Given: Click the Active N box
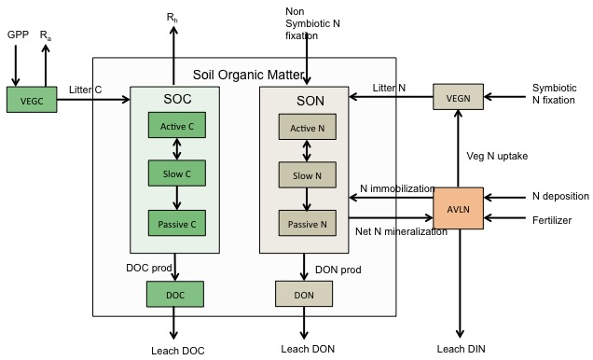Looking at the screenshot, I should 304,127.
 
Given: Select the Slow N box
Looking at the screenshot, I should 304,174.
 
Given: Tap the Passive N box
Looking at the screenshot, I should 304,223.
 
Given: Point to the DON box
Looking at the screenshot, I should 304,294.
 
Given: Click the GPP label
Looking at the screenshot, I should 18,35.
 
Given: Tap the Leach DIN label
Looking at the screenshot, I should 461,349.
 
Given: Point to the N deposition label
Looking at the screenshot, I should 560,197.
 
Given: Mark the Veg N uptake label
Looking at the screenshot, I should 497,156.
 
